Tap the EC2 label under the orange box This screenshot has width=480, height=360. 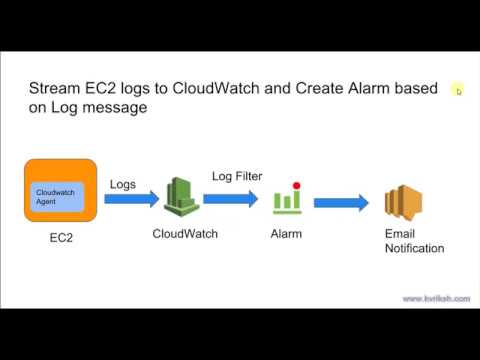61,241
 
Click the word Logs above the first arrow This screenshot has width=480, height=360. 121,183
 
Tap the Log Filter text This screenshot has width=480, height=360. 236,177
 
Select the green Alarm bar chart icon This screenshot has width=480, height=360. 287,199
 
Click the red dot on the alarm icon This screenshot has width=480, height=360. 296,185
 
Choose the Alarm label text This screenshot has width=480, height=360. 286,235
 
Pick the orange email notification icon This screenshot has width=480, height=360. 405,204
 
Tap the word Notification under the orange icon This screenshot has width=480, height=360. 414,248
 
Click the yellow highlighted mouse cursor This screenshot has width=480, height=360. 458,90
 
